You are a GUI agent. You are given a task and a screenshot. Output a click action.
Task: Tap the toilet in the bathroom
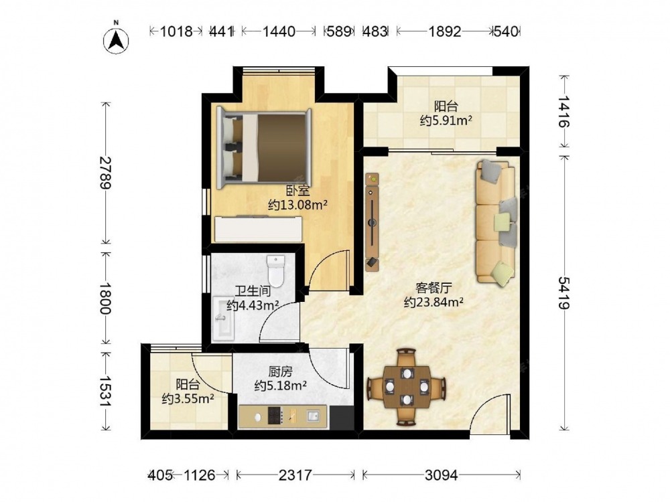(x=275, y=272)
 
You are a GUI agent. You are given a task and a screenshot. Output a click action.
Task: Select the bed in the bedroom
(x=264, y=148)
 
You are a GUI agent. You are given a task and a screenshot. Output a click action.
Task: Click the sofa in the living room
(x=496, y=222)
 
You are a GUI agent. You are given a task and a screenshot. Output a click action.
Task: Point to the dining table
(x=407, y=387)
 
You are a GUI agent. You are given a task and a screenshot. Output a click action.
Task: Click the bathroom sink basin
(x=224, y=319)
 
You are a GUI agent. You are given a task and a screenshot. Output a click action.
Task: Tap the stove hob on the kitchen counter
(x=275, y=416)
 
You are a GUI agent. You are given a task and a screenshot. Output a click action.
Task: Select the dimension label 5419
(x=563, y=293)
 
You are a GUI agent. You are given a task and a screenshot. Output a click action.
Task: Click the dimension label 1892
(x=445, y=31)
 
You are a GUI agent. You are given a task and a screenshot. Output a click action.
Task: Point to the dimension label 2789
(x=105, y=173)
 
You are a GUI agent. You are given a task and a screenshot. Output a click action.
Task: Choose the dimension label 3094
(x=442, y=475)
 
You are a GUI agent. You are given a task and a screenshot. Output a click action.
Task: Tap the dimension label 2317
(x=295, y=475)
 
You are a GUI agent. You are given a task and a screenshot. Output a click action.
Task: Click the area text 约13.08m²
(x=298, y=205)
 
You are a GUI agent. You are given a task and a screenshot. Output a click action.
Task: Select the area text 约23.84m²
(x=433, y=303)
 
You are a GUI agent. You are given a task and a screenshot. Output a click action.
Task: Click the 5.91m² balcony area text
(x=446, y=120)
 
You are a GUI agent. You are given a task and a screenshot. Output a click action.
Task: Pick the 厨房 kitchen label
(x=280, y=371)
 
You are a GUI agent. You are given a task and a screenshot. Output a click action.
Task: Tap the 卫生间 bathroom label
(x=253, y=291)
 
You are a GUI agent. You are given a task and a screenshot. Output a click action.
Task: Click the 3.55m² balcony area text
(x=188, y=399)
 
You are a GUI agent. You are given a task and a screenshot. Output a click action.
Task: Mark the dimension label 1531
(x=105, y=392)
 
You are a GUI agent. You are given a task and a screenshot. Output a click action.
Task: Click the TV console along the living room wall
(x=372, y=222)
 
